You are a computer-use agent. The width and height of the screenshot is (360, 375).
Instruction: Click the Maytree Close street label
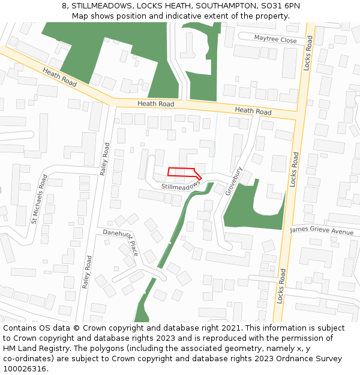(x=275, y=40)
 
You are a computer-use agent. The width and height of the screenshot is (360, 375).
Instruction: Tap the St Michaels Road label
(x=40, y=199)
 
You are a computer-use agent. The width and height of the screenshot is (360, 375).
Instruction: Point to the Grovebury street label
(x=233, y=181)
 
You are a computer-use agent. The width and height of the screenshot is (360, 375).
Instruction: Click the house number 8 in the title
(x=64, y=6)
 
